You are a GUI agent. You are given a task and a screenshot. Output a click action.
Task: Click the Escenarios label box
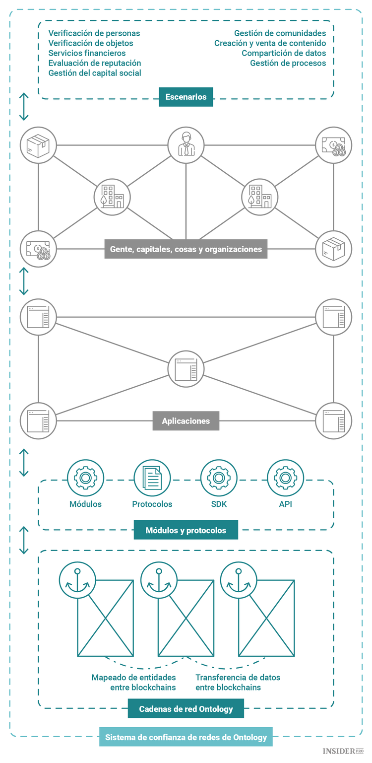[186, 97]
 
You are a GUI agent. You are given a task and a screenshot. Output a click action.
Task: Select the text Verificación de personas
[94, 33]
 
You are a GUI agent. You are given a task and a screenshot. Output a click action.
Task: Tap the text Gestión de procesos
[288, 63]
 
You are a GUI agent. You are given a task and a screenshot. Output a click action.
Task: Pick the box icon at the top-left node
[38, 145]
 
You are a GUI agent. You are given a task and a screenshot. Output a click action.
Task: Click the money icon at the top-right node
[334, 145]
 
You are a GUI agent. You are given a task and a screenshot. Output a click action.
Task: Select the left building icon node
[112, 197]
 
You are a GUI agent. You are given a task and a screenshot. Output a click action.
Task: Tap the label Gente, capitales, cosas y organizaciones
[186, 249]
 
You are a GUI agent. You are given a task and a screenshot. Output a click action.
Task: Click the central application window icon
[186, 369]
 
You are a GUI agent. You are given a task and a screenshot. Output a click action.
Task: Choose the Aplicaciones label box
[186, 421]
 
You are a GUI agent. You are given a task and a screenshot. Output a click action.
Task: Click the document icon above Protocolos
[152, 478]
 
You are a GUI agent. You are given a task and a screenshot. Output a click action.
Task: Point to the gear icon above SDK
[219, 478]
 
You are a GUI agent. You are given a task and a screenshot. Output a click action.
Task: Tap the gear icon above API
[285, 478]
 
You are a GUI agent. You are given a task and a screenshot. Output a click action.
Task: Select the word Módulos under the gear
[85, 504]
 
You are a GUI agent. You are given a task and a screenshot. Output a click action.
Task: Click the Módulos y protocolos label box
[186, 530]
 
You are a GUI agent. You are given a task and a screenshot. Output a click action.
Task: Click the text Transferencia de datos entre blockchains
[238, 682]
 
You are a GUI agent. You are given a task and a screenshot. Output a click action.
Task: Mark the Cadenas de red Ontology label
[186, 709]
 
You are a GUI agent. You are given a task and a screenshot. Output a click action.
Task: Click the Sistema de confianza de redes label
[186, 737]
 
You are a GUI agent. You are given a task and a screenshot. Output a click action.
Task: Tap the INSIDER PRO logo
[343, 752]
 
